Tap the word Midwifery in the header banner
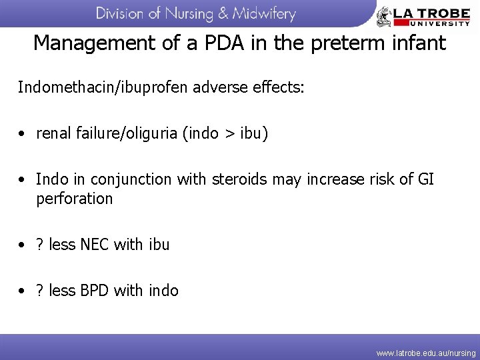(x=261, y=14)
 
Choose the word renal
(x=54, y=134)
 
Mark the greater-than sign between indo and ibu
(x=230, y=134)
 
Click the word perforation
(x=75, y=199)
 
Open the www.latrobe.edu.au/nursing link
(x=426, y=353)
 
